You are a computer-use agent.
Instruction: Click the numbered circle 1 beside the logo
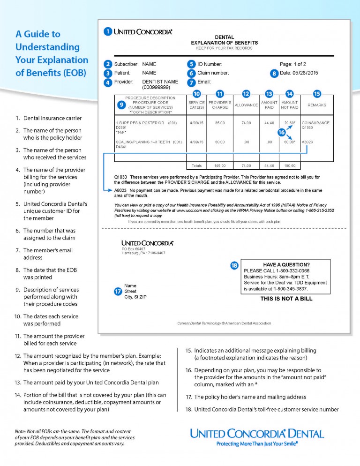pos(108,32)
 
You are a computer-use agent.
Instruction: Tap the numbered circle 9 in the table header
pos(121,105)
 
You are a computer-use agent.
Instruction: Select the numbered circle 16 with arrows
pos(282,133)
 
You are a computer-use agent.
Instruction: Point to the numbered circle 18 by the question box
pos(234,265)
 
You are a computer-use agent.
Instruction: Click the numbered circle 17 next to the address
pos(118,291)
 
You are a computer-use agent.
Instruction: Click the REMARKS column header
pos(317,105)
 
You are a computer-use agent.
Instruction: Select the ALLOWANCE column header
pos(246,105)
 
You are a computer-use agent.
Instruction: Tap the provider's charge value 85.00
pos(220,123)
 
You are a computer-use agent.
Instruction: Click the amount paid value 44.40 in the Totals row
pos(269,165)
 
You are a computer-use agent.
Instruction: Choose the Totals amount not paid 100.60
pos(290,165)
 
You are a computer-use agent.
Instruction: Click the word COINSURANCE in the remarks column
pos(315,123)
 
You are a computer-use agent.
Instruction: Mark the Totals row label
pos(196,165)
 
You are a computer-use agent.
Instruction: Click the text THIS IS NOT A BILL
pos(286,299)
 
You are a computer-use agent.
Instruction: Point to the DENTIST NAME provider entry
pos(160,82)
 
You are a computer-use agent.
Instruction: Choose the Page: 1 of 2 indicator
pos(293,64)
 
